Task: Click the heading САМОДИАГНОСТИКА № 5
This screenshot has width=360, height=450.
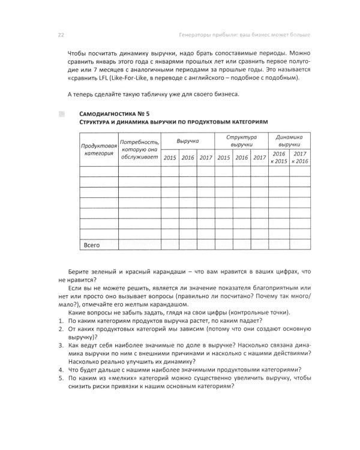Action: click(114, 113)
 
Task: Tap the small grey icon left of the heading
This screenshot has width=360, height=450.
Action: click(61, 113)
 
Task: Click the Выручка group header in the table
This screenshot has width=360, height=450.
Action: click(187, 140)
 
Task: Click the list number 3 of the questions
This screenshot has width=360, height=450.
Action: click(61, 346)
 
